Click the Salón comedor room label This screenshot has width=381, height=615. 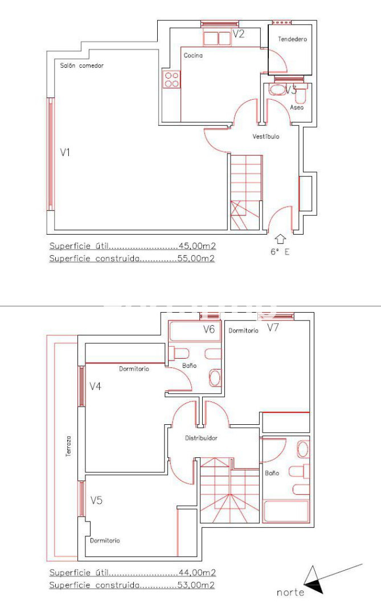click(81, 65)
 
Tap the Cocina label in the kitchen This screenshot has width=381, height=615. click(193, 55)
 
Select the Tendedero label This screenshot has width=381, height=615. click(292, 39)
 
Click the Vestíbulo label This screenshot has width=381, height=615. click(265, 137)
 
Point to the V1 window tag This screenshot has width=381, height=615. click(65, 152)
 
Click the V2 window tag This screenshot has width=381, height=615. click(238, 34)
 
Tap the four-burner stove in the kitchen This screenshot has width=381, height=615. click(172, 79)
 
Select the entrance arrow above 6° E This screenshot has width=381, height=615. click(280, 239)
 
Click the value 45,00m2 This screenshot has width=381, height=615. click(198, 246)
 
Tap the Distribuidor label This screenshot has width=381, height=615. click(201, 438)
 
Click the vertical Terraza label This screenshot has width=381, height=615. click(69, 446)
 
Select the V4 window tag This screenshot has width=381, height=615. click(95, 386)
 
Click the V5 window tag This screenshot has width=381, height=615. click(96, 500)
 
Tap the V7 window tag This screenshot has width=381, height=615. click(273, 327)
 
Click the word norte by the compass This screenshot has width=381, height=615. click(290, 592)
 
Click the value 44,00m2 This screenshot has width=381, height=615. click(198, 573)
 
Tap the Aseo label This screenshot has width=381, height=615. click(297, 107)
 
